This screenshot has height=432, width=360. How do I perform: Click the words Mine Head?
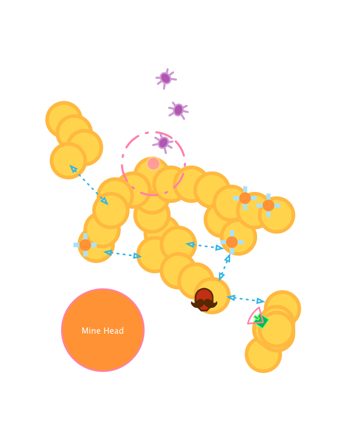pos(102,331)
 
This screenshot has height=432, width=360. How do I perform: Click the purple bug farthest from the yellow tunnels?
pos(166,78)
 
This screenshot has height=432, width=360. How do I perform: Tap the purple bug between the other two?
pos(178,110)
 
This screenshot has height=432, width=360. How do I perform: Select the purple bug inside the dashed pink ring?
pos(163,142)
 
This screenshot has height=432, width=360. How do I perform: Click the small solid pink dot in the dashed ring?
pos(153,163)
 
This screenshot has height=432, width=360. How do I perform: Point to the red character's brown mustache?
pos(204,303)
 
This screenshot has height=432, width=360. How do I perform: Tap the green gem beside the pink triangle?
pos(262,321)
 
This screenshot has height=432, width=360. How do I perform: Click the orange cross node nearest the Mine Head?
pos(85,245)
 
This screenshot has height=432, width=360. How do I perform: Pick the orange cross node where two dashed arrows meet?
pos(232,242)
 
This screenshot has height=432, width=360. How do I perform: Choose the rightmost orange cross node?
pos(268,205)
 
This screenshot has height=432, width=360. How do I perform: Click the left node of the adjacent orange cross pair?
pos(245,198)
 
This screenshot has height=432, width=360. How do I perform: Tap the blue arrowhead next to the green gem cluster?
pos(260,301)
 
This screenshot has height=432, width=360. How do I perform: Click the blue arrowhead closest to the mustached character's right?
pos(231,297)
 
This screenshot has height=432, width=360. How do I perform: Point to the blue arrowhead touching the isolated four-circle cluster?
pos(73,168)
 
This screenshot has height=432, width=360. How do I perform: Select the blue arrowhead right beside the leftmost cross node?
pos(108,252)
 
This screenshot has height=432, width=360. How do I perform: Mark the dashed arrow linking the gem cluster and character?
pos(246,299)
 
